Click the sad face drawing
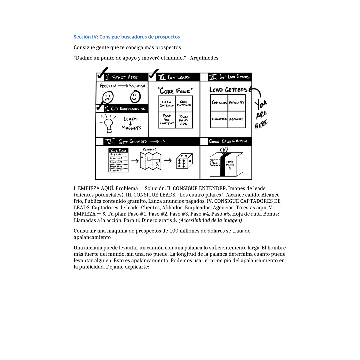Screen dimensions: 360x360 [107, 98]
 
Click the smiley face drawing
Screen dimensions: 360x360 [135, 97]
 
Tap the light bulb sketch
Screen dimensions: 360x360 [108, 125]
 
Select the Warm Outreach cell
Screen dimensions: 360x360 [166, 104]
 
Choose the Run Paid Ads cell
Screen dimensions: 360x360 [184, 120]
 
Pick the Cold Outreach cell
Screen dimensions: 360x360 [184, 104]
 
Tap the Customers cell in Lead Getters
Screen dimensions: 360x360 [219, 103]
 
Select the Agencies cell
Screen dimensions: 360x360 [236, 119]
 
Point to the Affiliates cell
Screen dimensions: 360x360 [236, 103]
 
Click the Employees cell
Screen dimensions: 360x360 [219, 119]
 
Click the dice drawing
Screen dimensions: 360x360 [184, 161]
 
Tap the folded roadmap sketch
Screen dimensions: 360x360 [151, 161]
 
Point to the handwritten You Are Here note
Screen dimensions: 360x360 [261, 114]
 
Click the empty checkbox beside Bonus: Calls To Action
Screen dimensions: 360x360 [204, 141]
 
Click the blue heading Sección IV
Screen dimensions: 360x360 [127, 37]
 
